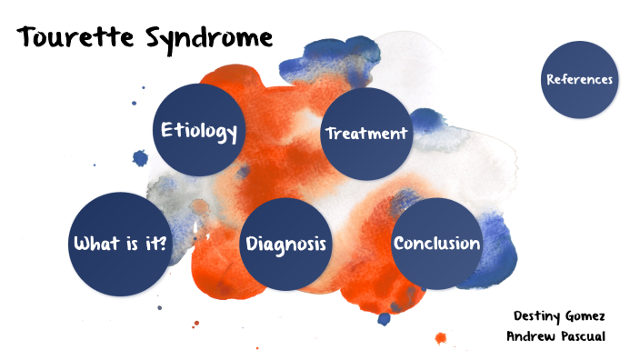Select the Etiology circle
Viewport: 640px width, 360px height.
click(199, 129)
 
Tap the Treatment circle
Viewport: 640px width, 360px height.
click(366, 134)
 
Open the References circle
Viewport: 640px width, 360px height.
click(579, 80)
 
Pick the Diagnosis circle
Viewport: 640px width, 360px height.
click(285, 245)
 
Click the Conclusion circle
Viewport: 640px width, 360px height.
click(435, 243)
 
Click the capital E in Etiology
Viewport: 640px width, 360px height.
click(167, 130)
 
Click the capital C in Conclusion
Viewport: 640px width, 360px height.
click(400, 244)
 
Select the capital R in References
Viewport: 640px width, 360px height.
click(551, 80)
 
